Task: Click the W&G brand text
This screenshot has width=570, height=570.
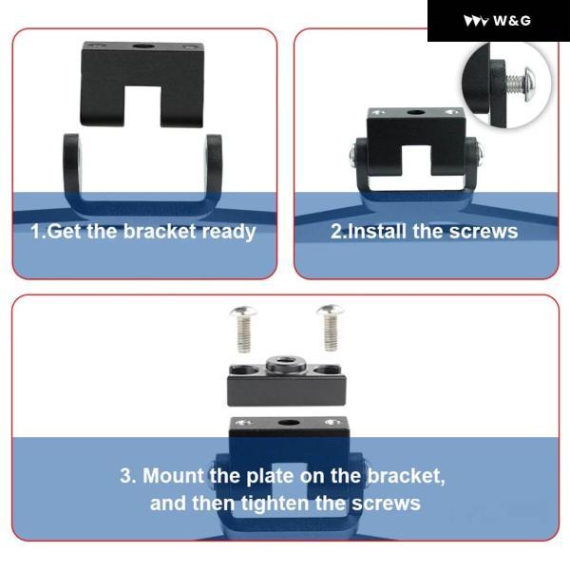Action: tap(512, 20)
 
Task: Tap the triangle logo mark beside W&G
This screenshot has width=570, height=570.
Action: tap(476, 21)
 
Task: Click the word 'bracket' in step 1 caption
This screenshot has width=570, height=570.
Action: tap(160, 231)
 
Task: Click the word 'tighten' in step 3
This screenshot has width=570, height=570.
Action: tap(275, 503)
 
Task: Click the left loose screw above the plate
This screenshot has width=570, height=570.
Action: tap(243, 329)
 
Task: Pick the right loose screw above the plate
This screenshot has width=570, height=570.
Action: tap(331, 328)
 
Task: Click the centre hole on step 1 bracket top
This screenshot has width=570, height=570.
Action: tap(142, 47)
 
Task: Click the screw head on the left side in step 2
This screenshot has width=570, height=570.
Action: tap(351, 155)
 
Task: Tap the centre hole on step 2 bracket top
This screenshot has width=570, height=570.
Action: tap(416, 113)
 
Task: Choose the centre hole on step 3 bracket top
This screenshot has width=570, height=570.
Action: tap(288, 423)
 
